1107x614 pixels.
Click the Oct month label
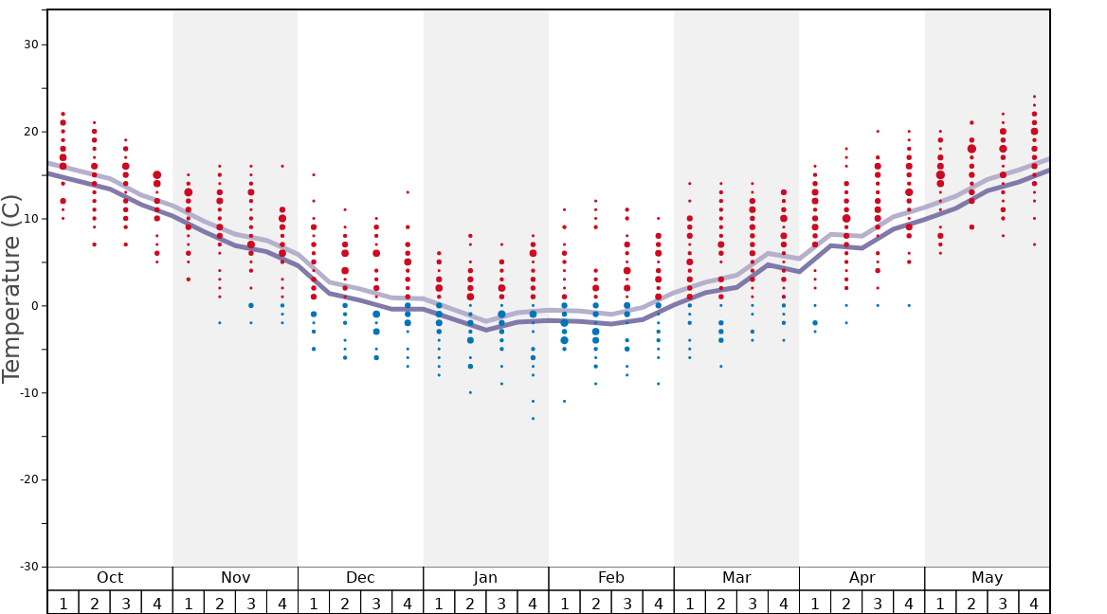pos(110,578)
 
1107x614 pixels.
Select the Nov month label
pos(235,578)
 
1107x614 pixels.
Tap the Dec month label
pos(360,578)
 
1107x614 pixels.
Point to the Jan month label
pos(485,578)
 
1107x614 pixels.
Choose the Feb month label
pos(611,578)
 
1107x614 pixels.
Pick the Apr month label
pos(862,578)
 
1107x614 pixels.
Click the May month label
pos(987,578)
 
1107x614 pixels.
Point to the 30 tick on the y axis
pos(31,45)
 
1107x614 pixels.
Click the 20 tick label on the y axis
pos(31,132)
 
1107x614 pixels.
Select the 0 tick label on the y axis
pos(34,306)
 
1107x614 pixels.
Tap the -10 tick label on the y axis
pos(28,393)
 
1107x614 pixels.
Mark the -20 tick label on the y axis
pos(28,479)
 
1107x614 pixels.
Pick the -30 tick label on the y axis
pos(28,567)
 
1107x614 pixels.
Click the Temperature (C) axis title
pos(11,289)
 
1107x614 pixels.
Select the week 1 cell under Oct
pos(63,603)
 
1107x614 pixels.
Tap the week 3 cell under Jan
pos(501,603)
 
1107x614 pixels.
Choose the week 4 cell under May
pos(1034,603)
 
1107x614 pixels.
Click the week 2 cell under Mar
pos(720,603)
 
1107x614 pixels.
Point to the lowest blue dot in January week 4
pos(533,418)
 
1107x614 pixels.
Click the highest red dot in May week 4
pos(1034,97)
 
